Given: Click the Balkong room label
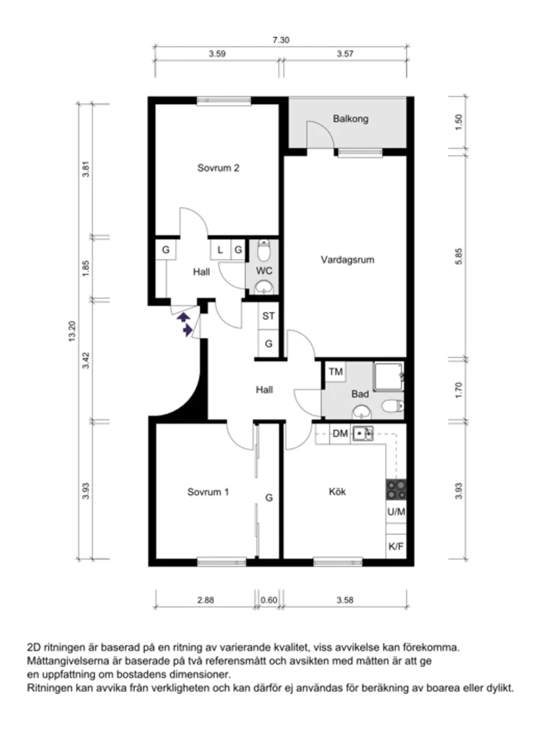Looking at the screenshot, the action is tap(350, 119).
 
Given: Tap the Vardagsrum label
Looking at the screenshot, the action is tap(348, 259).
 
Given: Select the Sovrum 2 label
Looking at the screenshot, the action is tap(218, 168).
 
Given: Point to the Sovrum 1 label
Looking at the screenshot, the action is tap(208, 492).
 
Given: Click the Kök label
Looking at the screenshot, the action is tap(337, 491).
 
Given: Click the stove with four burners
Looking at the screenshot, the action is tap(396, 490).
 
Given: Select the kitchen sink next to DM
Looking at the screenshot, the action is tap(362, 434).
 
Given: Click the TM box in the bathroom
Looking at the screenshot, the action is tap(336, 372).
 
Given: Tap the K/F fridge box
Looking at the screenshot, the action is tap(396, 546).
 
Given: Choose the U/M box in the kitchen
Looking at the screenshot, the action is tap(396, 512).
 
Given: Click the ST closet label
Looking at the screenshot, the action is tap(268, 316).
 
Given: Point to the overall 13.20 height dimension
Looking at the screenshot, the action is tap(71, 331).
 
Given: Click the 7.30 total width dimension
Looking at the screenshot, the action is tap(281, 40).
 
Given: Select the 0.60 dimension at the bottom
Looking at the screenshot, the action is tap(269, 600).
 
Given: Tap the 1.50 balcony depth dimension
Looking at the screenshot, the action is tap(458, 122).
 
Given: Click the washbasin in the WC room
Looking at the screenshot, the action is tap(264, 286).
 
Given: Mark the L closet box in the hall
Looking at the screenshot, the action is tap(220, 250).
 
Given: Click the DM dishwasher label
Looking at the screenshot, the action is tap(340, 434).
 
